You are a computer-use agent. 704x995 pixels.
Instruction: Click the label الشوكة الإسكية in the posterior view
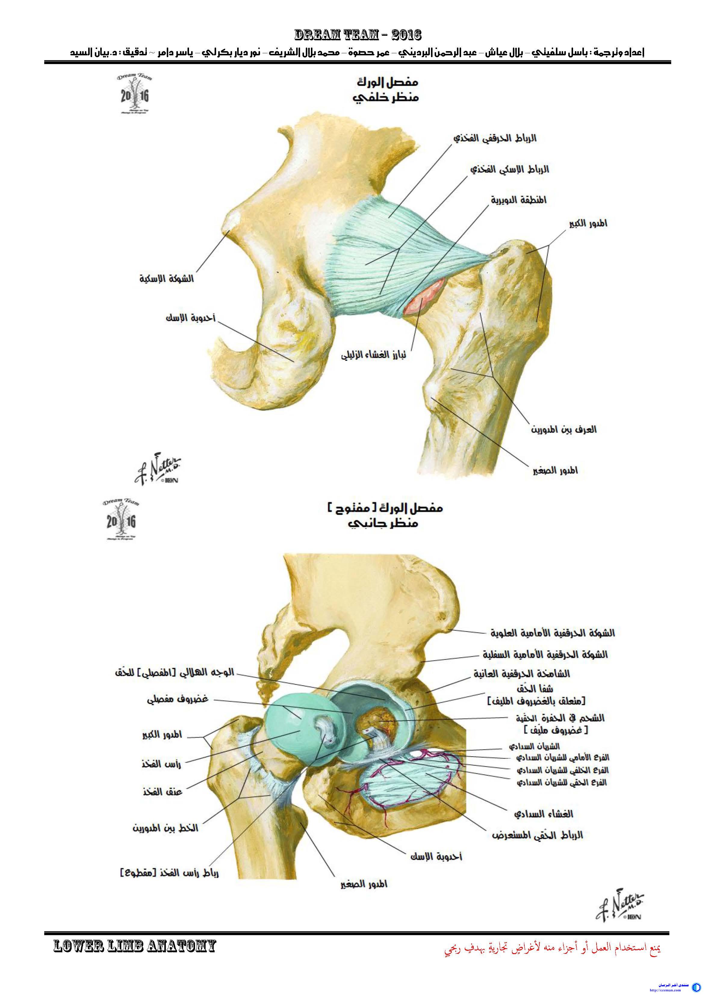click(166, 279)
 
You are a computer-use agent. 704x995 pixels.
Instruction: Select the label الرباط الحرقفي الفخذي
click(495, 138)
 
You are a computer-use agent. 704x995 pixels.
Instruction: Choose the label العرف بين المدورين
click(563, 430)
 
